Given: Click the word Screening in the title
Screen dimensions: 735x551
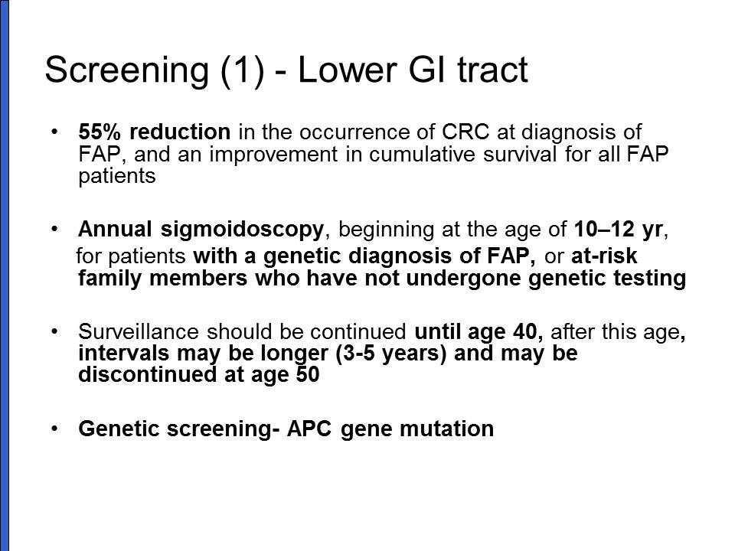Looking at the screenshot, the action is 126,70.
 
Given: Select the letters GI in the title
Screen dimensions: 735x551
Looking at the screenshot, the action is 428,69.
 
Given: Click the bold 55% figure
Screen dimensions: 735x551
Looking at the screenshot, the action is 100,132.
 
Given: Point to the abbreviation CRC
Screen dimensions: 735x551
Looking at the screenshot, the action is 465,132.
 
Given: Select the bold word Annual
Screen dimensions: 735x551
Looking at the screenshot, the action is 116,229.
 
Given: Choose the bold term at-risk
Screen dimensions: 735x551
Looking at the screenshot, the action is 604,256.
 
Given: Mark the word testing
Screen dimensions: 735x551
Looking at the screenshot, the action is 650,279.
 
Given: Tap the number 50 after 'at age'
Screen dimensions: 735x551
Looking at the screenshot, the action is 308,374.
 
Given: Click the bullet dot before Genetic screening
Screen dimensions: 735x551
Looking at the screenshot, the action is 55,429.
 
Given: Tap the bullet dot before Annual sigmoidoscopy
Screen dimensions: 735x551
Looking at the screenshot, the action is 55,229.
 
